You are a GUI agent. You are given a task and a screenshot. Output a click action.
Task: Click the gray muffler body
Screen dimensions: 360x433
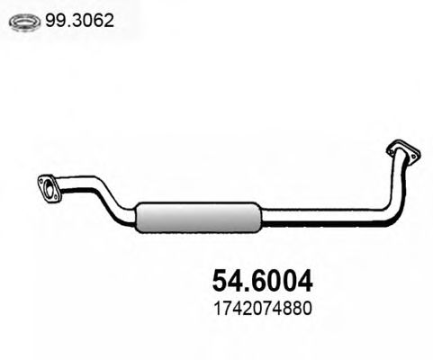click(197, 217)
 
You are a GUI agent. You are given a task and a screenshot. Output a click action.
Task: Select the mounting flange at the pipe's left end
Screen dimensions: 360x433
click(49, 187)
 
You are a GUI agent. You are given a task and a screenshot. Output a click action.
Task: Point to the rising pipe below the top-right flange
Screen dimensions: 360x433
click(397, 184)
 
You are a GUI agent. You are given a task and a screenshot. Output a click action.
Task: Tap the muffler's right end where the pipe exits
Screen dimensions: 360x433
click(259, 217)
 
